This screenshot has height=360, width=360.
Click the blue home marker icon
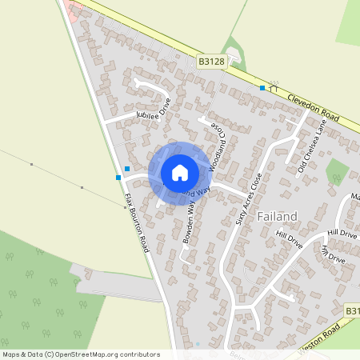click(x=180, y=172)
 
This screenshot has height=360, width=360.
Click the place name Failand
click(x=278, y=216)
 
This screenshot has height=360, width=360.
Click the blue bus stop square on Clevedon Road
click(x=262, y=88)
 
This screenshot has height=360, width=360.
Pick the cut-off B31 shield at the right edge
click(x=353, y=310)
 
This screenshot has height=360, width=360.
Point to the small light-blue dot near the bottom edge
click(x=198, y=344)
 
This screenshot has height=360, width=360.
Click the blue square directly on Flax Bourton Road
click(x=118, y=177)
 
